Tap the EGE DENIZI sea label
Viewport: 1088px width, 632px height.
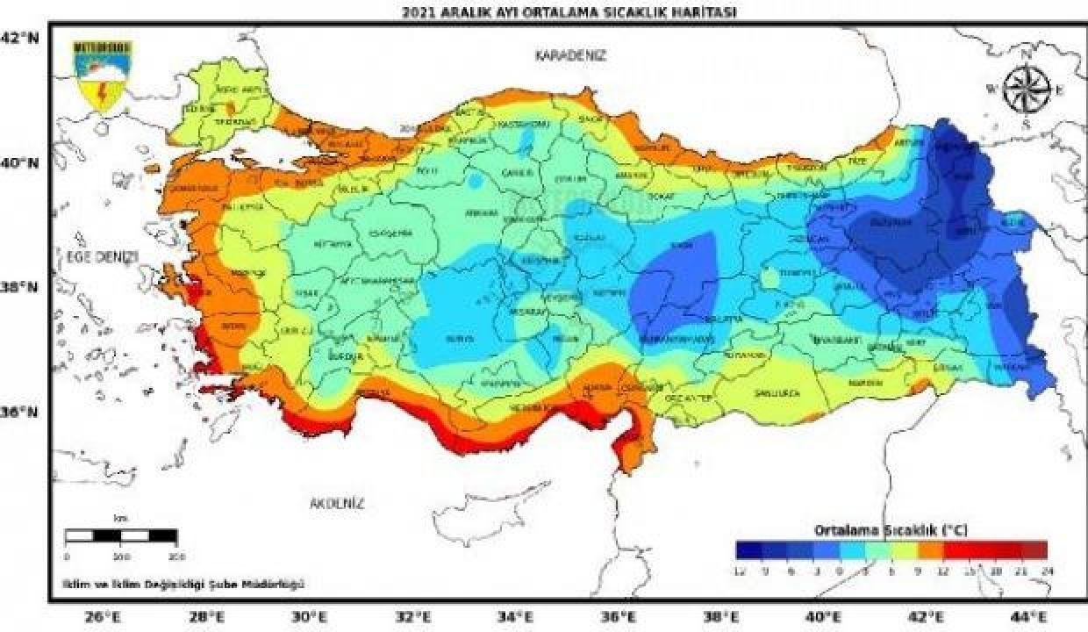click(x=103, y=255)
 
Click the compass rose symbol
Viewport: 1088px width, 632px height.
click(x=1027, y=89)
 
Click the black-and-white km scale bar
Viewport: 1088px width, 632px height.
click(x=122, y=535)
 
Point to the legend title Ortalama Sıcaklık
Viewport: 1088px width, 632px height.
click(x=889, y=530)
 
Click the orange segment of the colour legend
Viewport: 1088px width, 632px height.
click(x=930, y=550)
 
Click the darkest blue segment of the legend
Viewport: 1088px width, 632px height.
click(x=748, y=550)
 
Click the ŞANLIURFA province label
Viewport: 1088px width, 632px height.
click(x=777, y=393)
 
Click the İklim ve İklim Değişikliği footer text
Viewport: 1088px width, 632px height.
click(x=183, y=584)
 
